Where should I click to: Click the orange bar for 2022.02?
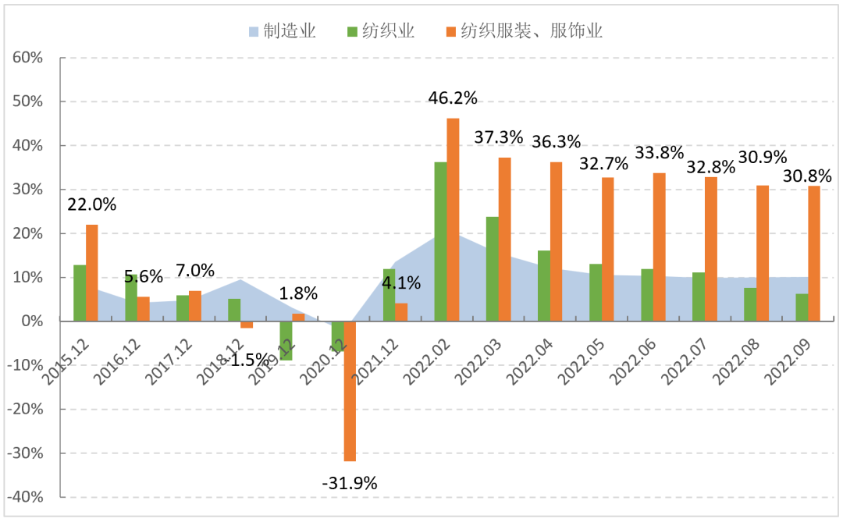(453, 219)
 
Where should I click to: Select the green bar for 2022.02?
(440, 241)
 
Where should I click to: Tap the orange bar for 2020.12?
(350, 391)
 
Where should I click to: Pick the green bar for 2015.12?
(80, 293)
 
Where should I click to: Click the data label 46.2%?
(453, 98)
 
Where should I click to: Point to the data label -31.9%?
(350, 483)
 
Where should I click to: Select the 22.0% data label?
(92, 205)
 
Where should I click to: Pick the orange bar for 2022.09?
(814, 254)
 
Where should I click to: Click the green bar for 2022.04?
(544, 286)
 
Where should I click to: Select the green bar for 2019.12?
(286, 340)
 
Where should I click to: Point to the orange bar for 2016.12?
(144, 309)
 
